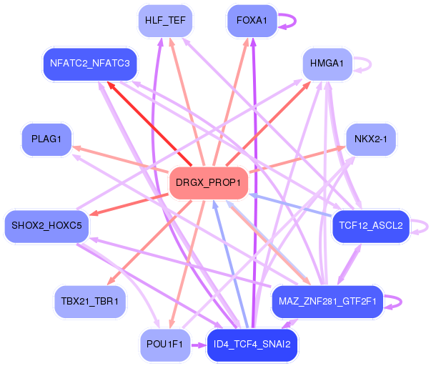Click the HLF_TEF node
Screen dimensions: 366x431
tap(165, 20)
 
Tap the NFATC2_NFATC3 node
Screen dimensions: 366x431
tap(90, 64)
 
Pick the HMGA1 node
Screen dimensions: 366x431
tap(327, 64)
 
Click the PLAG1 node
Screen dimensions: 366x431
tap(46, 139)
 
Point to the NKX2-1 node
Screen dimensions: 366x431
tap(370, 139)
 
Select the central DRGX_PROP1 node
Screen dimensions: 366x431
tap(208, 183)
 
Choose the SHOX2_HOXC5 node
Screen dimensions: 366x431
tap(47, 226)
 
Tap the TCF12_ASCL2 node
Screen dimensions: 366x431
tap(370, 226)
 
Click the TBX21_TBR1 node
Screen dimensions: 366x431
tap(90, 301)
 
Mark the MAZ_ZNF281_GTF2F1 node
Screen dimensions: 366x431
tap(327, 301)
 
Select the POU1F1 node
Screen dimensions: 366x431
tap(164, 345)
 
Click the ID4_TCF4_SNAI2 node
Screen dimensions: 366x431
tap(252, 345)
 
